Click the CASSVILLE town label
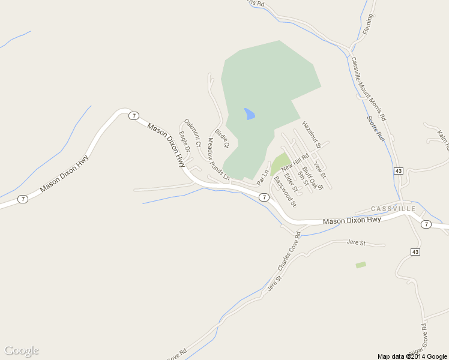pos(393,209)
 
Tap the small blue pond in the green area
pos(249,113)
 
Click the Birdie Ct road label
pos(222,139)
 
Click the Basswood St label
pos(285,191)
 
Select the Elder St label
pos(291,182)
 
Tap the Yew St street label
pos(319,170)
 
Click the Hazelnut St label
pos(312,135)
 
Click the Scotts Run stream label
pos(375,127)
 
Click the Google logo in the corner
pos(22,351)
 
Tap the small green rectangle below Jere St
pos(361,265)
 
